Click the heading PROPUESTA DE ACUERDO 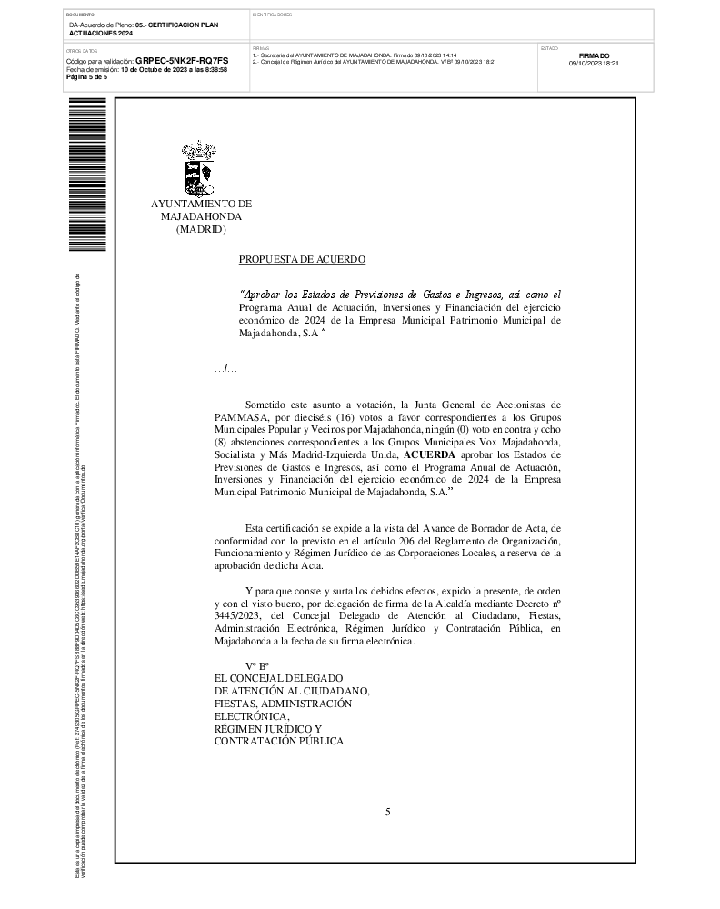click(302, 260)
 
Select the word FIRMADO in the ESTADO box click(594, 56)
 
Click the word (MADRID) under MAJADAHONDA click(200, 230)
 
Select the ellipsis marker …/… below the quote click(225, 368)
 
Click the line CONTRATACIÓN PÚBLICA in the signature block click(278, 742)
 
